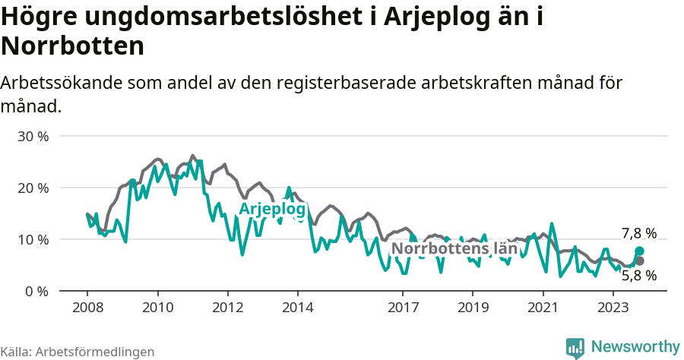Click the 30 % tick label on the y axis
pyautogui.click(x=33, y=137)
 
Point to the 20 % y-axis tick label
pyautogui.click(x=33, y=188)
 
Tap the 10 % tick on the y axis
pyautogui.click(x=33, y=240)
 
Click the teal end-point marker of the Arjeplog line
pyautogui.click(x=639, y=251)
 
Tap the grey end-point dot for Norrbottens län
pyautogui.click(x=639, y=261)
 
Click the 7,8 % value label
pyautogui.click(x=638, y=234)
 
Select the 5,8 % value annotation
pyautogui.click(x=638, y=276)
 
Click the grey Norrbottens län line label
pyautogui.click(x=454, y=248)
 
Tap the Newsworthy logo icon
pyautogui.click(x=575, y=347)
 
